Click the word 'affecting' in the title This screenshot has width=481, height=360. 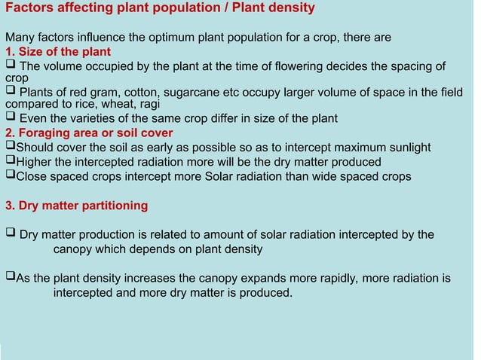84,8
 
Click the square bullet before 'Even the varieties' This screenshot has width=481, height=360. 10,117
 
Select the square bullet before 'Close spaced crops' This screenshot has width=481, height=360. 10,175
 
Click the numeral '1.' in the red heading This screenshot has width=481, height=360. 11,51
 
